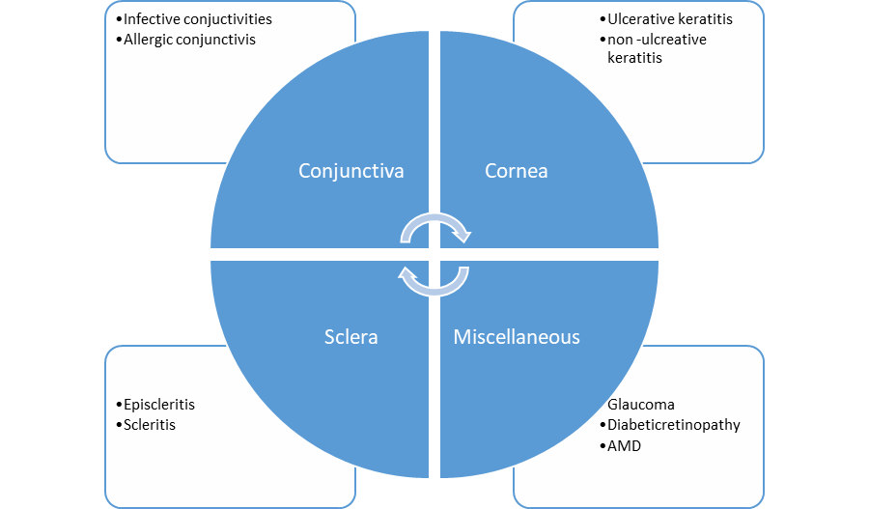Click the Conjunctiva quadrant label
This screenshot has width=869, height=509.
350,171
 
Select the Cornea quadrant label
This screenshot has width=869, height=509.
516,171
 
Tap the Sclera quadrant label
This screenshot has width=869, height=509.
350,337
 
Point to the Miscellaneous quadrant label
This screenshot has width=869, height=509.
517,337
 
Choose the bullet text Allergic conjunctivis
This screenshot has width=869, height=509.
190,41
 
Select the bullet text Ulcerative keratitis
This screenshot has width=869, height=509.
670,19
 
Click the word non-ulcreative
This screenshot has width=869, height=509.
657,40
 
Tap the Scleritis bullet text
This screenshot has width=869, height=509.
150,425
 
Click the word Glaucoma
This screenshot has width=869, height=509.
641,405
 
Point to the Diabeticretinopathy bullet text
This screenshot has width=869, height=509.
674,425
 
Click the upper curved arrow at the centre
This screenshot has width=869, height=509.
434,226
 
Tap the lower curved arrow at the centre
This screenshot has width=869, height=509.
434,281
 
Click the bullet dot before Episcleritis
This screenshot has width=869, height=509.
119,406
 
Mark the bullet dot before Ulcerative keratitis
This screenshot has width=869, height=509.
602,20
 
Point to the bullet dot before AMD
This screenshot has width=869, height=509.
602,447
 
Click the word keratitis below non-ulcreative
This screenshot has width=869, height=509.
634,58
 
